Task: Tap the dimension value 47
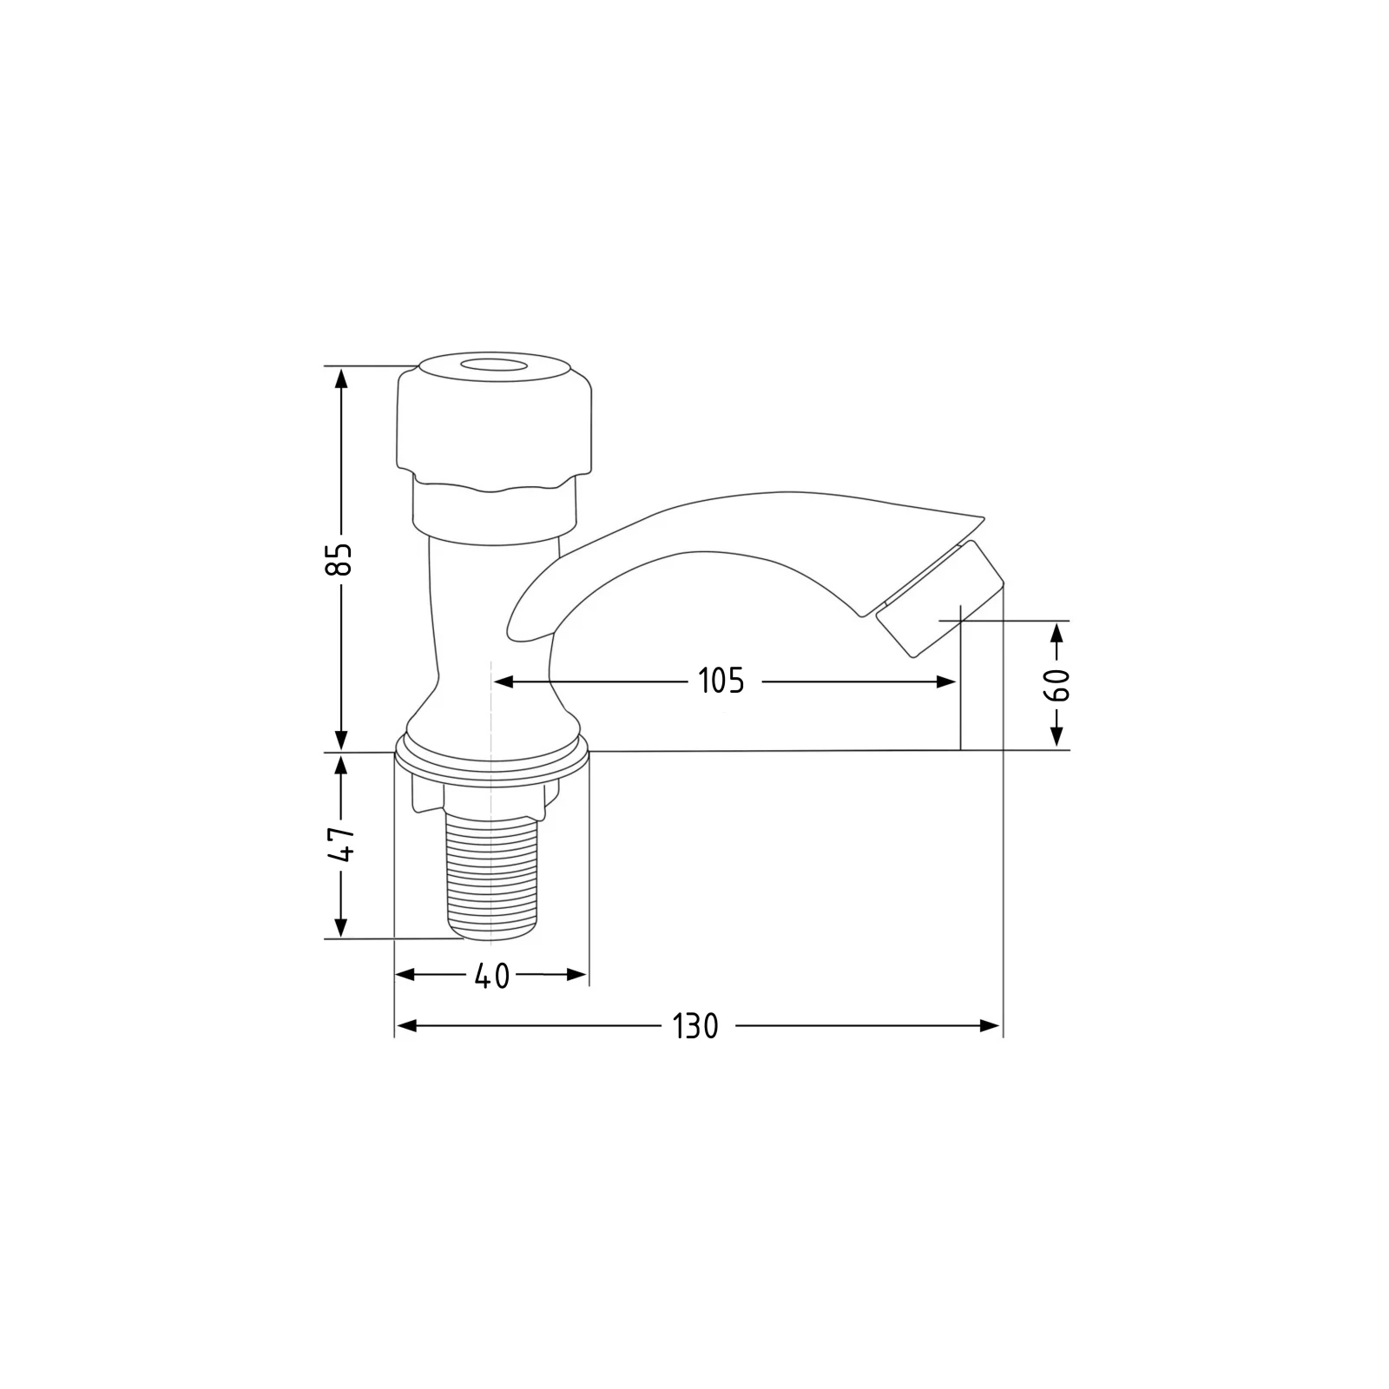tap(344, 843)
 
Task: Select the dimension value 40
tap(492, 977)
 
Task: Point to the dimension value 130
tap(696, 1026)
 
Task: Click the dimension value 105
tap(721, 681)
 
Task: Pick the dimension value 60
tap(1057, 686)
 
